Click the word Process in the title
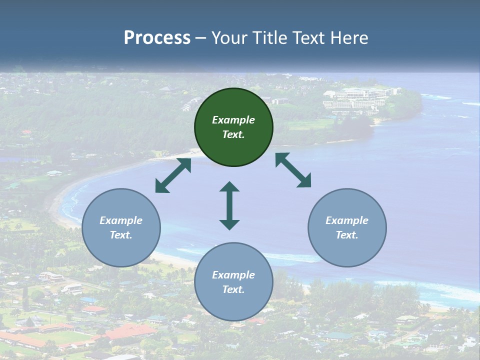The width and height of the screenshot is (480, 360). [x=157, y=38]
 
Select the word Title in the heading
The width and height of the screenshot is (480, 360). [x=268, y=38]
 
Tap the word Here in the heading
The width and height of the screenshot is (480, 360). [x=348, y=38]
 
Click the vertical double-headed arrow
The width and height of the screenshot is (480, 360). [x=229, y=205]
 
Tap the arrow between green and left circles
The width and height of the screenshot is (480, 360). [x=173, y=175]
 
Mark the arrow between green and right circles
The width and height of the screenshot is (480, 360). [x=293, y=170]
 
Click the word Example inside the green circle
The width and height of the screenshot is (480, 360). [x=233, y=120]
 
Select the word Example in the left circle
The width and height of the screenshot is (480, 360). [x=121, y=220]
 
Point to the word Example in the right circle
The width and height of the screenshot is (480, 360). [x=347, y=220]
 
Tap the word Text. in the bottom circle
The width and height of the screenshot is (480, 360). [x=233, y=289]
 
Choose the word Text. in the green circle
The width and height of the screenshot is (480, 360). [x=233, y=134]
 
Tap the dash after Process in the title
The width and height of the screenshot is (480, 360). [x=201, y=38]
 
